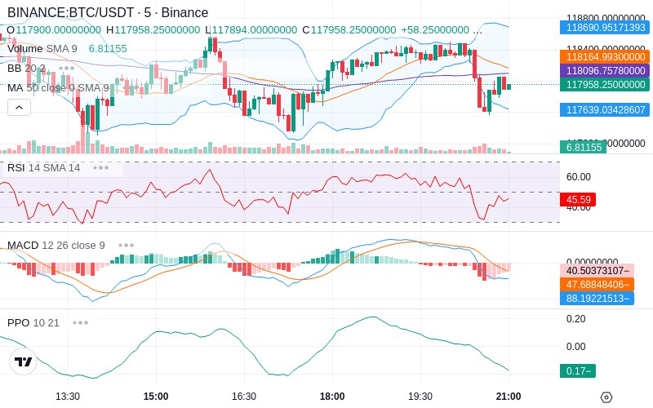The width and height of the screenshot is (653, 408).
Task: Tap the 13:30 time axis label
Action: (67, 396)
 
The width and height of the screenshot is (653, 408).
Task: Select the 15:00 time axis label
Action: (155, 396)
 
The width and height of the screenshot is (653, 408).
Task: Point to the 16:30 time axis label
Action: (243, 396)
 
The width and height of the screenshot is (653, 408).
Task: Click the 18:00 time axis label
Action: (331, 396)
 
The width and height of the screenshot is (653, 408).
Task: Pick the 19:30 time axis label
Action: (420, 396)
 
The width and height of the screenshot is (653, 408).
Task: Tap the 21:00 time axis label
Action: (508, 396)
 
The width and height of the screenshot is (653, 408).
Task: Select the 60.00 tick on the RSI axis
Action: (579, 176)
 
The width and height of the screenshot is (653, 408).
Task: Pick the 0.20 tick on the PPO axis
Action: (575, 319)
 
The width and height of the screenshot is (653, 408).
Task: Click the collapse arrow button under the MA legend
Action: (19, 107)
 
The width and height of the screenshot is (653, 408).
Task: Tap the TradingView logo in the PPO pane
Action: (24, 361)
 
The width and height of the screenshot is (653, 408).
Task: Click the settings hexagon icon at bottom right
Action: (606, 397)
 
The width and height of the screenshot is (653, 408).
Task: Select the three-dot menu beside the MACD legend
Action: (127, 245)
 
